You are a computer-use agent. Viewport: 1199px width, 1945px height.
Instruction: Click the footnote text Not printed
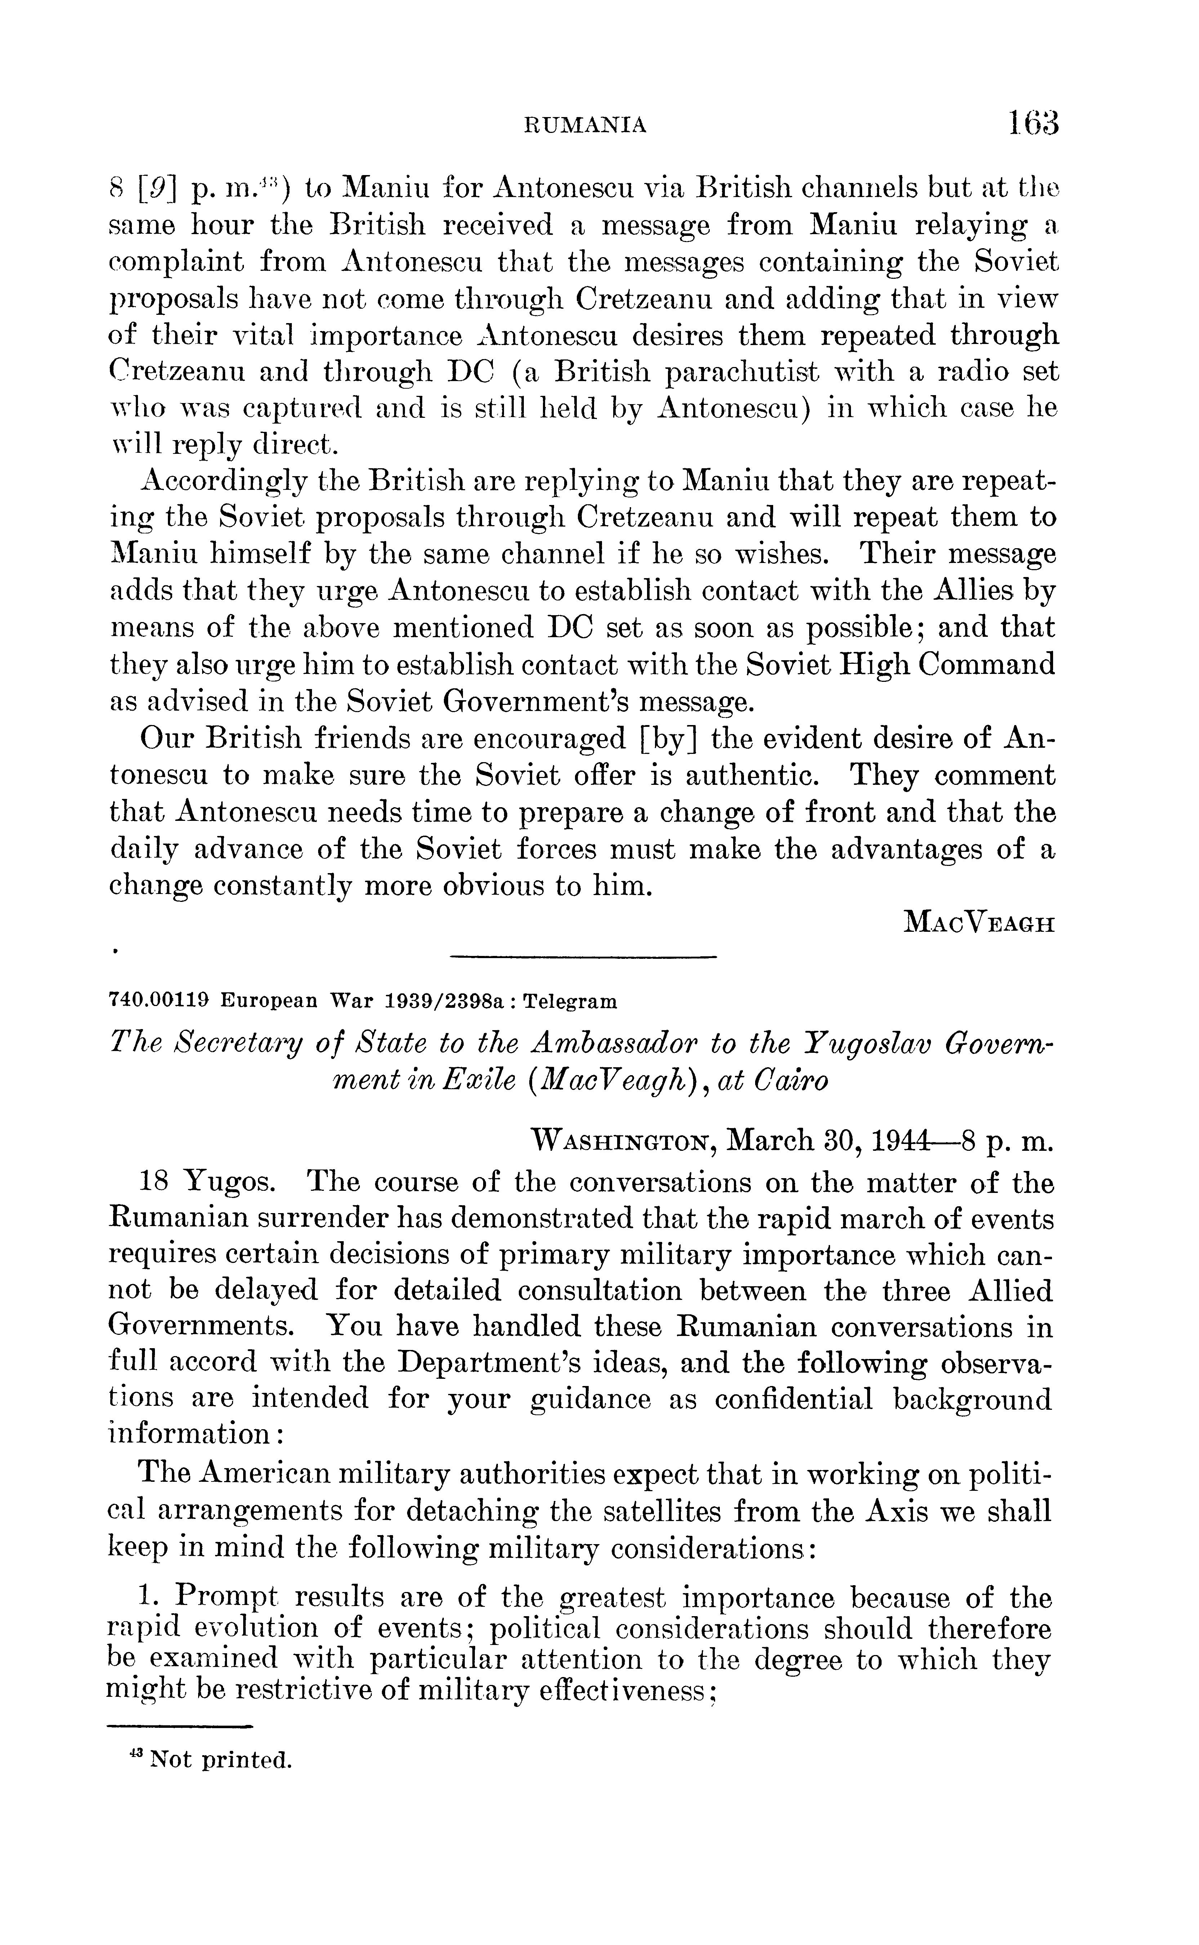coord(220,1761)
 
